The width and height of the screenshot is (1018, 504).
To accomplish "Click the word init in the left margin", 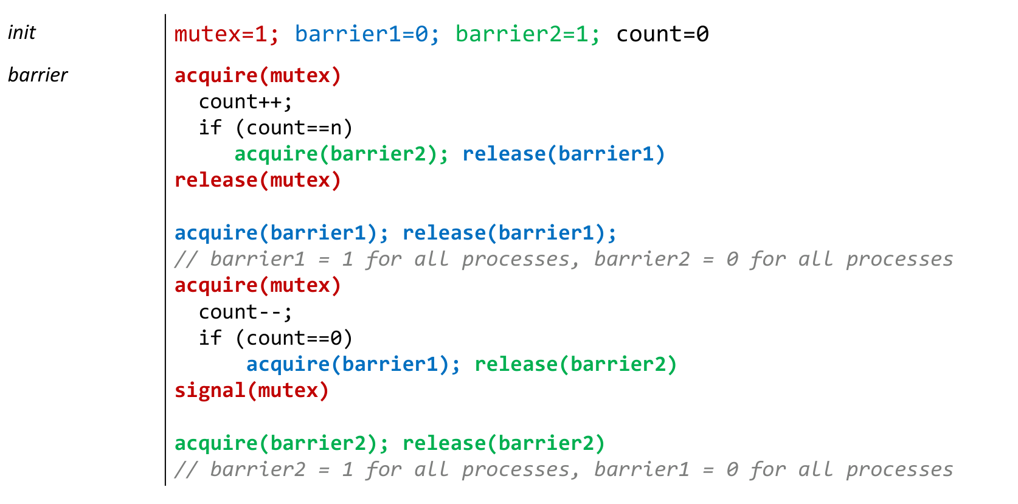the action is click(x=22, y=33).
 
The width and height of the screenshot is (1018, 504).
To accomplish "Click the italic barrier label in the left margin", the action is click(x=38, y=75).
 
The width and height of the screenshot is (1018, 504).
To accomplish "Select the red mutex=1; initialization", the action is click(x=226, y=34).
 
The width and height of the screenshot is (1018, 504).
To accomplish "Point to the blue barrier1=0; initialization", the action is click(x=367, y=34).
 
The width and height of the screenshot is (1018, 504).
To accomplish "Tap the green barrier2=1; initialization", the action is click(x=528, y=34).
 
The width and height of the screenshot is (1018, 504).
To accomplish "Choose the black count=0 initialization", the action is click(x=662, y=34).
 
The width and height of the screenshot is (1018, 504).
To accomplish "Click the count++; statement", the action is click(x=246, y=102).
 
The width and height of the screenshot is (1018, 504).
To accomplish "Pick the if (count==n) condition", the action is click(x=276, y=128).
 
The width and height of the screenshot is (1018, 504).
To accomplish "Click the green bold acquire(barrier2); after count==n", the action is click(x=341, y=154).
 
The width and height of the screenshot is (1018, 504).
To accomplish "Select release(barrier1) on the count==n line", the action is click(x=564, y=154).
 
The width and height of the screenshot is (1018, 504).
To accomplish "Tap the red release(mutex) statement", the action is click(x=258, y=181).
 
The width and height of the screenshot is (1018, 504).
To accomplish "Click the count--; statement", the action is click(x=246, y=312).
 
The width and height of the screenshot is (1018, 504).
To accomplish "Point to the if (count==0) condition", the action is click(x=276, y=338).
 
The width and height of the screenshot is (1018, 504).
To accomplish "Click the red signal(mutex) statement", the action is click(x=252, y=391).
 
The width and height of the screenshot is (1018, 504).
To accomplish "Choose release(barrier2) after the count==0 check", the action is click(x=576, y=365).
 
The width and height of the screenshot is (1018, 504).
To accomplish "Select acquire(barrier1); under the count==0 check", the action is click(x=353, y=365).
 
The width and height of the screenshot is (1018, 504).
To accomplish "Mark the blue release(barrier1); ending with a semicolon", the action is click(x=510, y=233).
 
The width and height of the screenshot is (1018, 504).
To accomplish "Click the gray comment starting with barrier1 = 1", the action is click(x=564, y=260).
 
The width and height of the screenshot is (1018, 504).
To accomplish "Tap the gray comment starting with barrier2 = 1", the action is click(x=564, y=469).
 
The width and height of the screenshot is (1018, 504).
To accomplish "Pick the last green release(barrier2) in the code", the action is click(x=504, y=443).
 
